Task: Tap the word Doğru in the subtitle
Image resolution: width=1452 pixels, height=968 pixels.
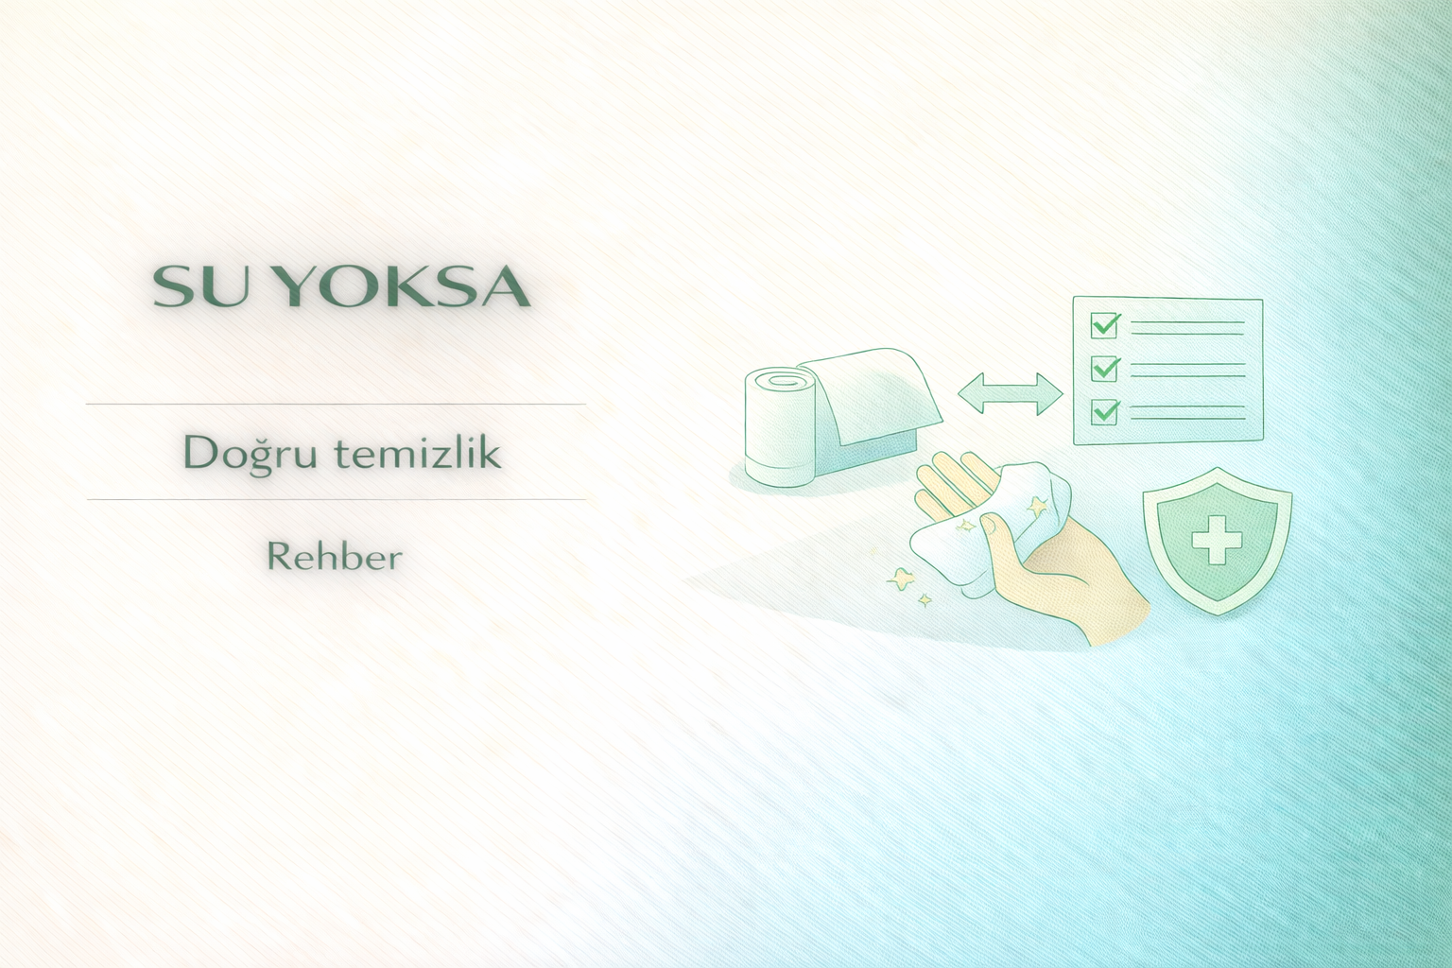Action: click(251, 453)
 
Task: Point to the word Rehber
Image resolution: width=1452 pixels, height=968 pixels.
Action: click(336, 557)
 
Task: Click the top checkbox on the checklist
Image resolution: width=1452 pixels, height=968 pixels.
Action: click(1104, 325)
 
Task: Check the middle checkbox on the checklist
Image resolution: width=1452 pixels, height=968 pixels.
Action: click(1104, 369)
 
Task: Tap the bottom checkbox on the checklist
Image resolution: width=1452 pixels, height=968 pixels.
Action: click(1104, 411)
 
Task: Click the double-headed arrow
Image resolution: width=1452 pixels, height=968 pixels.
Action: click(1010, 393)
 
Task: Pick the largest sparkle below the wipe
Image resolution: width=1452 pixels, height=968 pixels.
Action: click(900, 580)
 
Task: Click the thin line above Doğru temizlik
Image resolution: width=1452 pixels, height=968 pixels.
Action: click(336, 404)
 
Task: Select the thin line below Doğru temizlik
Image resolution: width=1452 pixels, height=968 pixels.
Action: click(336, 499)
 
